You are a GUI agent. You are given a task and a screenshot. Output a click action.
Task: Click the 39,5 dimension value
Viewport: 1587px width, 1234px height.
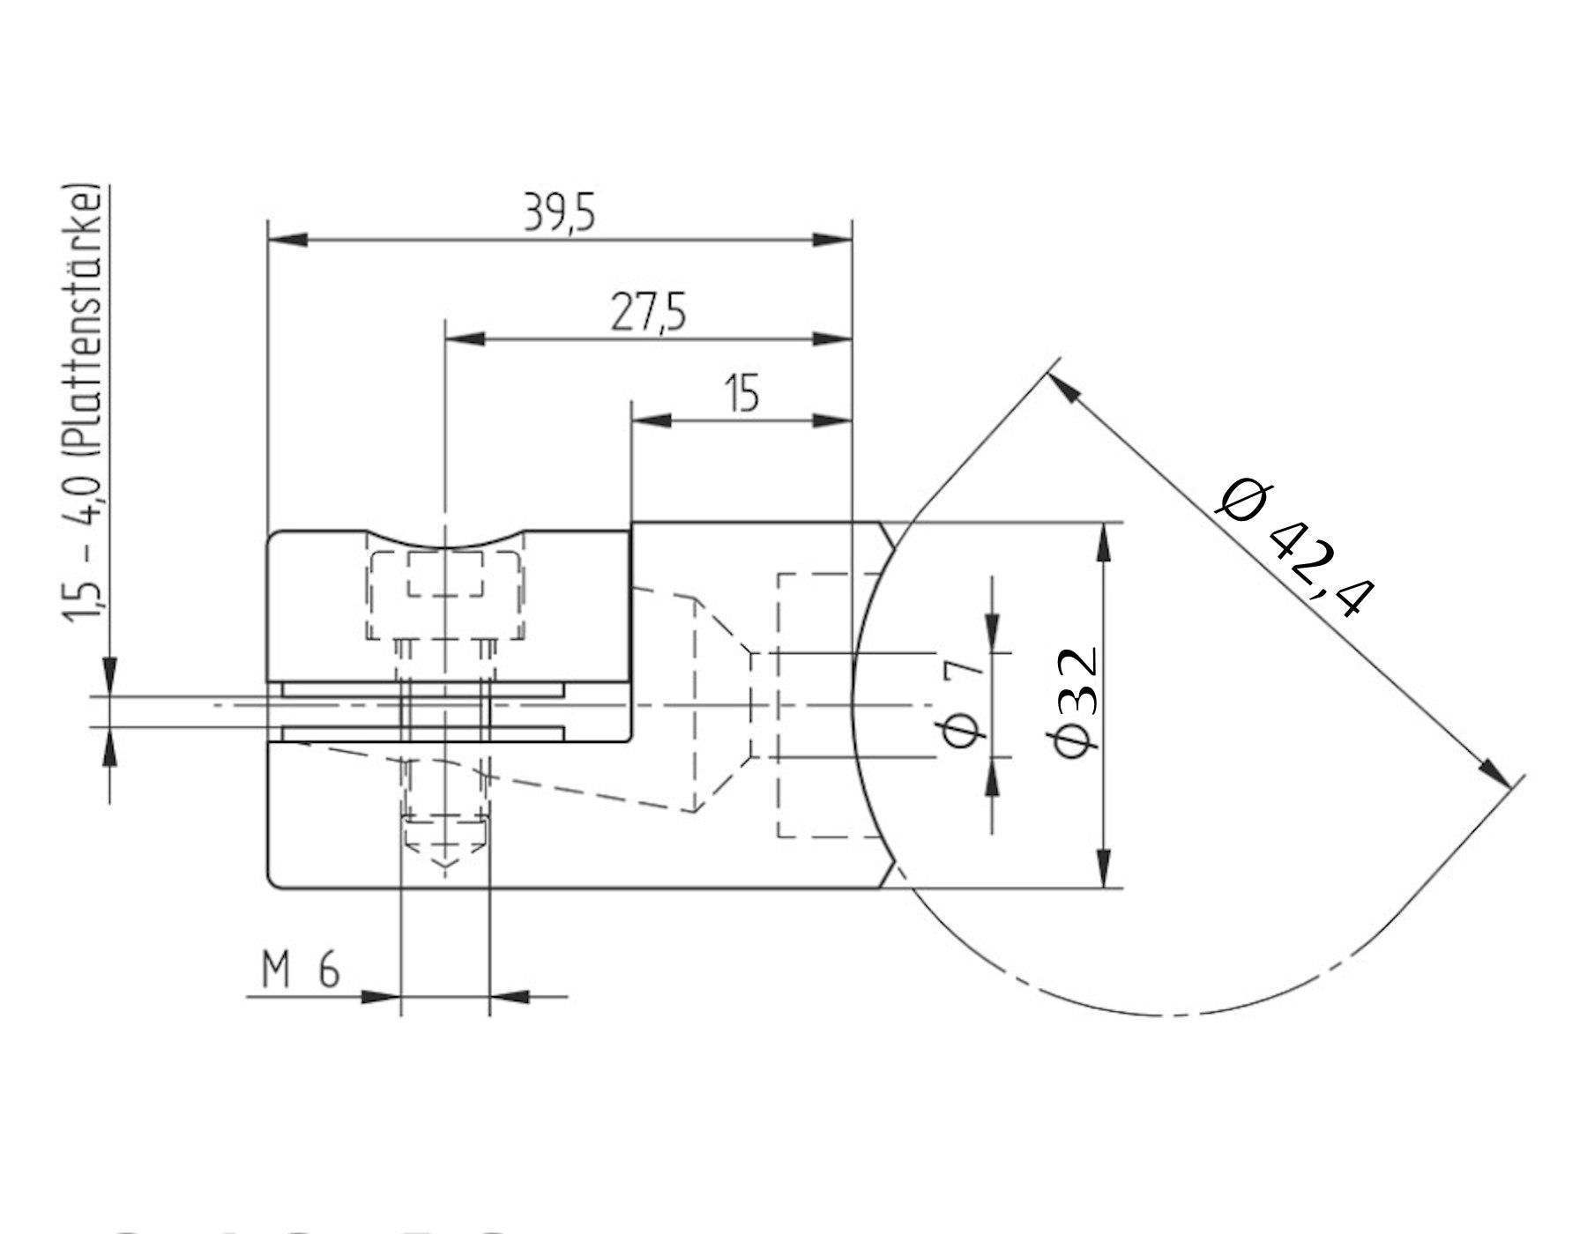[559, 214]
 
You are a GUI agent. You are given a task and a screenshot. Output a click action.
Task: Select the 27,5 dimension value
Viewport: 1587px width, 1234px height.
[648, 315]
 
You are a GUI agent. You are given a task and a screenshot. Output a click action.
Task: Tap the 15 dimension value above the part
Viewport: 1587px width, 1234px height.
[742, 394]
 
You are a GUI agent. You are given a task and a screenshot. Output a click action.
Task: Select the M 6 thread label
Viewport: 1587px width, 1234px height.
[301, 971]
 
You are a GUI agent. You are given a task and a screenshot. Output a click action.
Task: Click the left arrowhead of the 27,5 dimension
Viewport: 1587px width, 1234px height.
[467, 338]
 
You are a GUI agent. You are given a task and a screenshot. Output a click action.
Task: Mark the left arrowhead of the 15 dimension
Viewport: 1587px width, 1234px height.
[652, 421]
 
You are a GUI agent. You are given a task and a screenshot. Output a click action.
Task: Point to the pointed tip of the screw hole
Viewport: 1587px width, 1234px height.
[445, 868]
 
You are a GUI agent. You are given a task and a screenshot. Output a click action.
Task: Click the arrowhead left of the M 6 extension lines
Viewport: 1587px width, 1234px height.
[381, 997]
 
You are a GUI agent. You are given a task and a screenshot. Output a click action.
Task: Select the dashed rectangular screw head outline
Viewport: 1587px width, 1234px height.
[445, 596]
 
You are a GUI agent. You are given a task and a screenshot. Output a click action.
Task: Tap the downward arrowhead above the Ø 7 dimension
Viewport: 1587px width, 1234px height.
[993, 634]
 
